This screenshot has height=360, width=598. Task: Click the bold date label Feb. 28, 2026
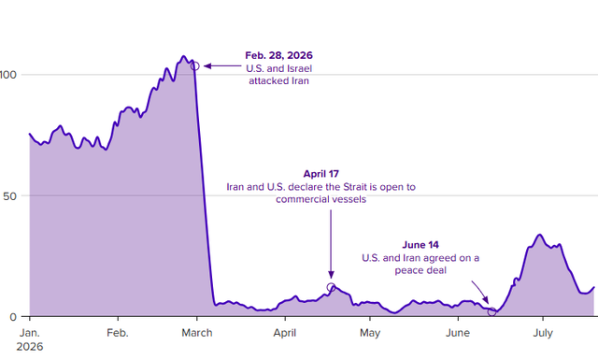click(x=278, y=55)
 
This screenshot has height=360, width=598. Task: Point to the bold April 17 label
click(x=321, y=174)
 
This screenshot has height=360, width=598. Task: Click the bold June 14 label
click(x=420, y=245)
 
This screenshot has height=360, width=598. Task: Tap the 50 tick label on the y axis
click(x=9, y=196)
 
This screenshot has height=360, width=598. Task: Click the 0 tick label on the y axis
click(x=13, y=317)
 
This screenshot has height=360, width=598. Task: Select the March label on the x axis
click(x=197, y=333)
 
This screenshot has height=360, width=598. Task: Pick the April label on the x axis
click(x=285, y=333)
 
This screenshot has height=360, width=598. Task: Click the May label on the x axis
click(x=370, y=333)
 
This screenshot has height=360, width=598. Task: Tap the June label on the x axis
click(x=458, y=333)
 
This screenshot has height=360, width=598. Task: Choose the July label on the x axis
click(x=543, y=333)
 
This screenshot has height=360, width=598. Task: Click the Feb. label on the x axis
click(x=118, y=333)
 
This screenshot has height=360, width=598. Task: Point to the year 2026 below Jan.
click(x=30, y=347)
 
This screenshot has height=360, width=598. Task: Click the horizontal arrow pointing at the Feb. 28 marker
click(x=222, y=66)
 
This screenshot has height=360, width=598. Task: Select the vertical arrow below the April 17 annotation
click(x=331, y=244)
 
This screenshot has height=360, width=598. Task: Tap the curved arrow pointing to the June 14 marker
click(x=480, y=292)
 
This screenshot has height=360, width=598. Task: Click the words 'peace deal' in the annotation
click(x=420, y=270)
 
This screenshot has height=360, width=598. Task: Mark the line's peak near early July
click(x=539, y=235)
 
